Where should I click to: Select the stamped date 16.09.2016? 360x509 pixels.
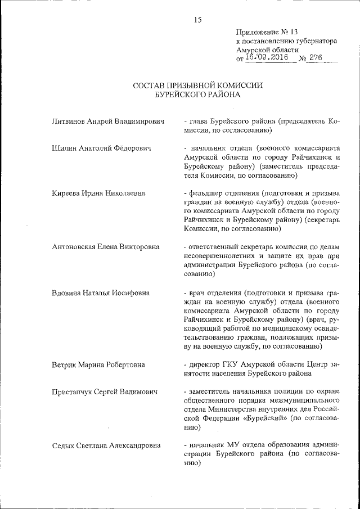[x=266, y=57]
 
